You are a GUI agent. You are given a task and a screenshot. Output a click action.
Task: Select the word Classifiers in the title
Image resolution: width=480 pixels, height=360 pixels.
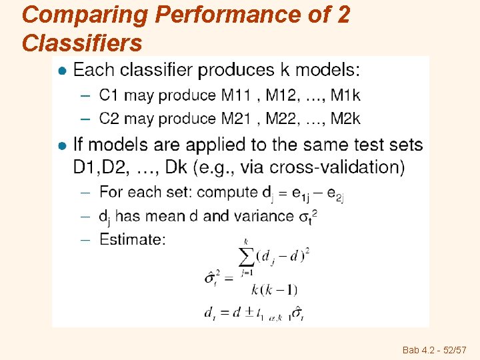click(x=82, y=44)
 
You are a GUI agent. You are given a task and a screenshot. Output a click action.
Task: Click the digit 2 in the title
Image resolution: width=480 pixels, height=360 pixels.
click(x=343, y=15)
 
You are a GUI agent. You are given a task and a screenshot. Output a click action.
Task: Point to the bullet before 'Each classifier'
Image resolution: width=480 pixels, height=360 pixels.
click(x=62, y=70)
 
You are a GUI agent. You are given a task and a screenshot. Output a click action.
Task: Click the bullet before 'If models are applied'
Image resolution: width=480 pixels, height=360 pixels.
click(x=62, y=145)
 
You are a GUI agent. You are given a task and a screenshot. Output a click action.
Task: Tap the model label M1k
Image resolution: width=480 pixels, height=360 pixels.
click(x=345, y=95)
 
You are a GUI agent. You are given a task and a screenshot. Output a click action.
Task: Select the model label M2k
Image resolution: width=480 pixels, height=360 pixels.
click(x=345, y=119)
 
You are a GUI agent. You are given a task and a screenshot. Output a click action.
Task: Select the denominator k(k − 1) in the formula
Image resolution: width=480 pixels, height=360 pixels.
click(x=274, y=289)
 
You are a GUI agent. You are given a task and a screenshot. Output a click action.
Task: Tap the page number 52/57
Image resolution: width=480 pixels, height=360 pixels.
click(x=452, y=349)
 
